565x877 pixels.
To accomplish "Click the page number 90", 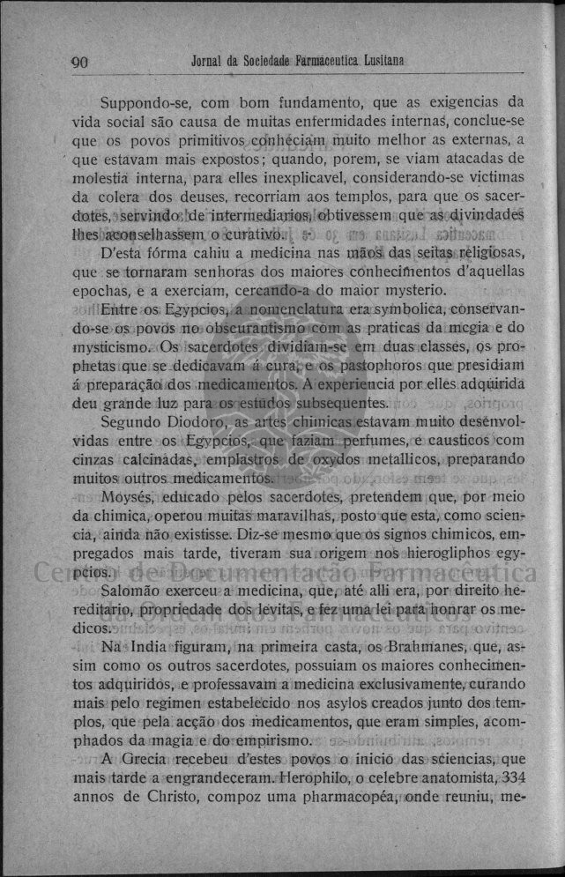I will [79, 62].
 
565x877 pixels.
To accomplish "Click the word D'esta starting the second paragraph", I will [127, 254].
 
